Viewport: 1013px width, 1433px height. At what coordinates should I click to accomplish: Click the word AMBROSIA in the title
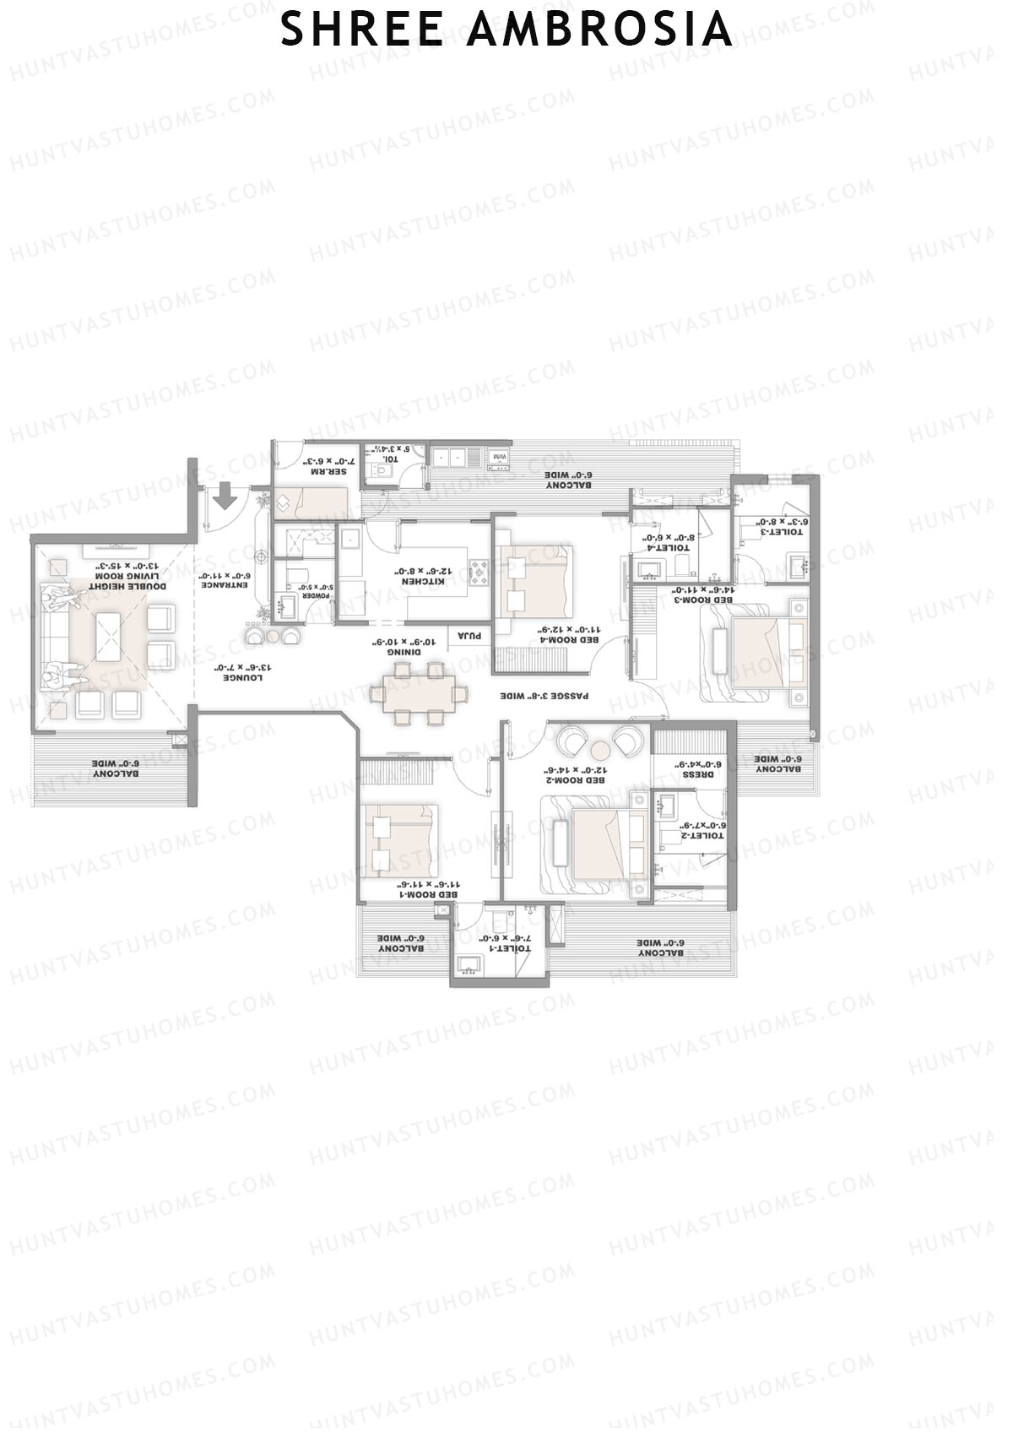pyautogui.click(x=599, y=29)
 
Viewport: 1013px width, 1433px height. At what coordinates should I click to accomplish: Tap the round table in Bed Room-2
pyautogui.click(x=600, y=748)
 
